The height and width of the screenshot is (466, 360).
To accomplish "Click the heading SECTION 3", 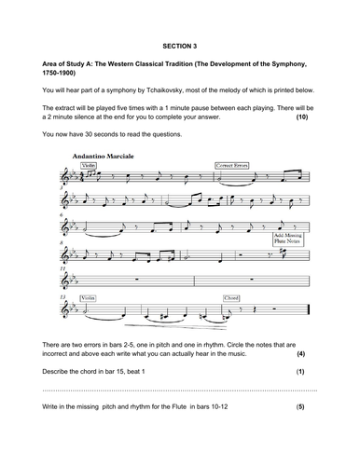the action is (179, 44).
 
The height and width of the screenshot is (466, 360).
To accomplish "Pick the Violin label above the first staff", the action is (90, 165).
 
